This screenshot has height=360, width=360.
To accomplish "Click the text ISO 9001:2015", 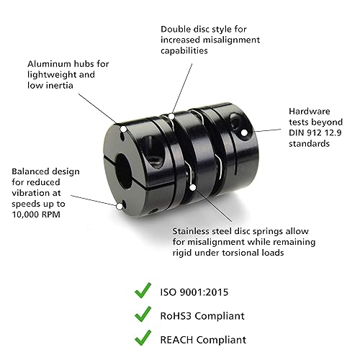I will (204, 292).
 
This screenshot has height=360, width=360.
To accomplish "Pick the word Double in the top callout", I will (176, 30).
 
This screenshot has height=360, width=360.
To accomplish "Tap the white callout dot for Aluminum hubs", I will (124, 130).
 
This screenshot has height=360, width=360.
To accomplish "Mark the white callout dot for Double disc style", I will (172, 115).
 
